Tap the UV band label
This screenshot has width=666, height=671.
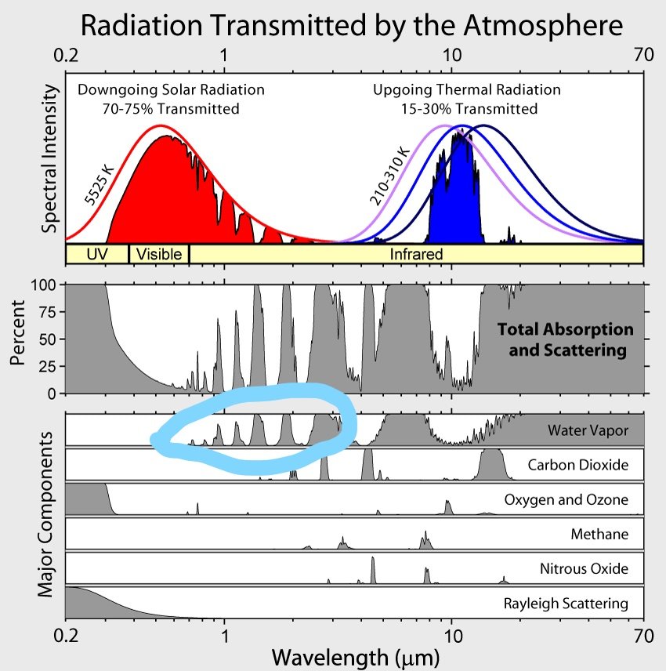(96, 254)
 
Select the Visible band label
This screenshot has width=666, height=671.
(159, 254)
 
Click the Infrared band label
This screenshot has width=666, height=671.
(416, 254)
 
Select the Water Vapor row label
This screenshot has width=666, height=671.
(587, 430)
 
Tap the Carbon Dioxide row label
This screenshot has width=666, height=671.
(577, 465)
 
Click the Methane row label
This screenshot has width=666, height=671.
(599, 535)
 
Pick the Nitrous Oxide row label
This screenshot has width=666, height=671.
(584, 569)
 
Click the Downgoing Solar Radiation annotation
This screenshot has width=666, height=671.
(171, 99)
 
